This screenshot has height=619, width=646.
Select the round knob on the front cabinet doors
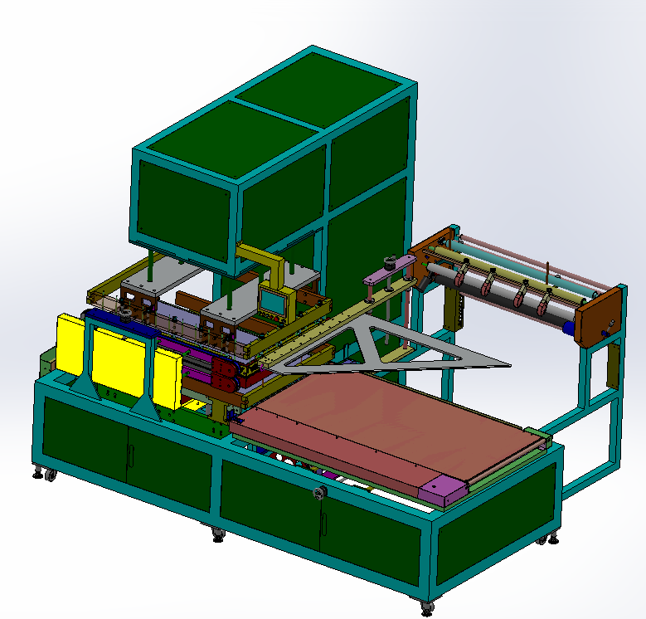(x=319, y=495)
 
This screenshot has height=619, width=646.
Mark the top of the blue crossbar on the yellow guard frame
(x=116, y=322)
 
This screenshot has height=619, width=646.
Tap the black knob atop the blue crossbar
(x=126, y=311)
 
